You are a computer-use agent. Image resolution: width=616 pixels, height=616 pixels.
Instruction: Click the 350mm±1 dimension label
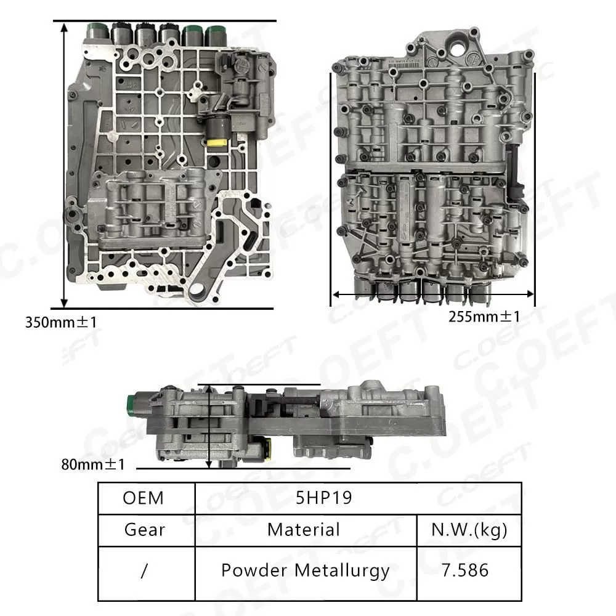(x=61, y=321)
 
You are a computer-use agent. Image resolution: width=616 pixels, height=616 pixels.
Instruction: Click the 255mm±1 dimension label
(x=484, y=316)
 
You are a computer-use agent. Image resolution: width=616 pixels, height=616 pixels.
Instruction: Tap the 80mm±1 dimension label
(x=93, y=463)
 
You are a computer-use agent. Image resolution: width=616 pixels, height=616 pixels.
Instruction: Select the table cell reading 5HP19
(x=324, y=498)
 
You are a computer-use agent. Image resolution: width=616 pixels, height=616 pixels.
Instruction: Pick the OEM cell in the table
(x=144, y=498)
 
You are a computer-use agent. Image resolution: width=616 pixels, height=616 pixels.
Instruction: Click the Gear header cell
(x=145, y=529)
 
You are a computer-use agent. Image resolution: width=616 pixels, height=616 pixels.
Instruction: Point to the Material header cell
(x=304, y=529)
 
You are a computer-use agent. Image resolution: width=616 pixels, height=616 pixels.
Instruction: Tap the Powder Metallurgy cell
(x=305, y=570)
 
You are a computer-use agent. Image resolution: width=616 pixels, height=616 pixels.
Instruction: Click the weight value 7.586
(x=465, y=570)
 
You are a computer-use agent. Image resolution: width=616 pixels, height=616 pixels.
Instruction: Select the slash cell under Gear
(x=145, y=570)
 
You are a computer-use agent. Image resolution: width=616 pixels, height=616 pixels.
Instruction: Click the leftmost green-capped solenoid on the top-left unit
(x=97, y=30)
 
